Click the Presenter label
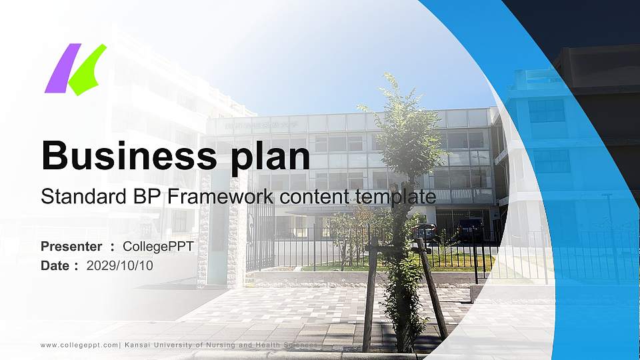(x=71, y=247)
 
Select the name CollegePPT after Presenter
(x=158, y=247)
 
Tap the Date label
(x=55, y=265)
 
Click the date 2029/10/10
(x=120, y=265)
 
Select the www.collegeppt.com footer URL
(x=79, y=345)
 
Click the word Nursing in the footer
(x=246, y=345)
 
